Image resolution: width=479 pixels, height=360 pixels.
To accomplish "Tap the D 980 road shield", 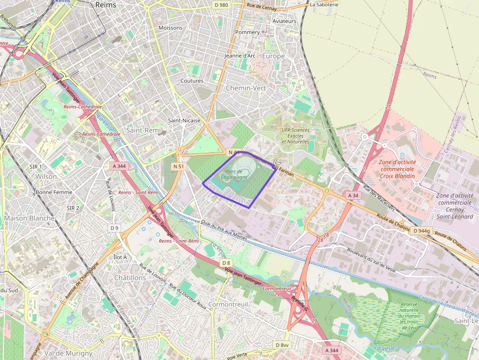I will tap(221, 5).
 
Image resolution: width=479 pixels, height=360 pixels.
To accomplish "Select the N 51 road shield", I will tap(179, 167).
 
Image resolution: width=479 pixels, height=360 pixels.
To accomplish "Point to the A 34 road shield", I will tap(352, 195).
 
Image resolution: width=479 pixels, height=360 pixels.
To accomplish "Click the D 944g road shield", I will tap(421, 231).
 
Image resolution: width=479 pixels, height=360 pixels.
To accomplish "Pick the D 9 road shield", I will tap(114, 228).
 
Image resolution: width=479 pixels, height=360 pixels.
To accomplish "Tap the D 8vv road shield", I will tap(282, 345).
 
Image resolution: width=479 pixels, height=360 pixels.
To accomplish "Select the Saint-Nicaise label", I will tap(184, 120).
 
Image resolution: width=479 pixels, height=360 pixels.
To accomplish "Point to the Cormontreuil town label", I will tap(228, 304).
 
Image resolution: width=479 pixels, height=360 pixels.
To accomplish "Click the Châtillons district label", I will tap(130, 277).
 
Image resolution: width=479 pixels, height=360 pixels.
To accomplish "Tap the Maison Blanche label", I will tap(29, 218).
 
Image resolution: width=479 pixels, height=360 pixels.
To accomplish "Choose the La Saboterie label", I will tap(324, 5).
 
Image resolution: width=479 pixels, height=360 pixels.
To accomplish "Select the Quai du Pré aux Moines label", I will tap(223, 230).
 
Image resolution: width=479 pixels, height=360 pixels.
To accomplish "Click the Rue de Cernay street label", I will tap(262, 8).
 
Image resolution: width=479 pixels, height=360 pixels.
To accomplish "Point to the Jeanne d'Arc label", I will tap(239, 56).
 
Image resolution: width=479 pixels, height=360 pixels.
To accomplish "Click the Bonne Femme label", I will tap(54, 192).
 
